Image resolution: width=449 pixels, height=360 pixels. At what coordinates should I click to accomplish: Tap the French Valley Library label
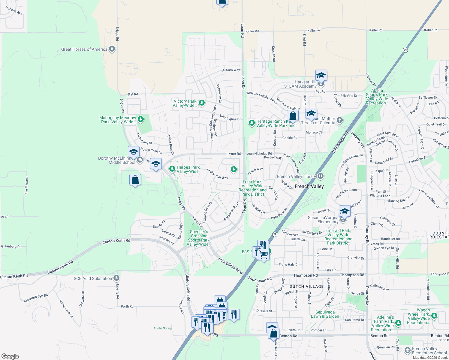click(296, 176)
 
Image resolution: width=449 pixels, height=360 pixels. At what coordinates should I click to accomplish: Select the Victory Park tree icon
click(202, 103)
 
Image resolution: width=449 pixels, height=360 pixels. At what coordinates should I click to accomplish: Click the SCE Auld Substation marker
click(117, 278)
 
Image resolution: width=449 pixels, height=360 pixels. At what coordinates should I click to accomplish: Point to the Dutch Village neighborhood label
click(306, 286)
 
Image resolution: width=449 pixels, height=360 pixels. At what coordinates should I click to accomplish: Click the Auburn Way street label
click(231, 70)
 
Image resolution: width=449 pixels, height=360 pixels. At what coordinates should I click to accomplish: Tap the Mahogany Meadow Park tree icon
click(140, 119)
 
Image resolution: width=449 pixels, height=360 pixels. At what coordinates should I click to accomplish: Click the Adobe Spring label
click(163, 328)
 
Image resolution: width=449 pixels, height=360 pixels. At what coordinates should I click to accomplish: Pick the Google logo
click(10, 356)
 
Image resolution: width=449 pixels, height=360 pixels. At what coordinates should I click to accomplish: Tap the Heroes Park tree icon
click(172, 169)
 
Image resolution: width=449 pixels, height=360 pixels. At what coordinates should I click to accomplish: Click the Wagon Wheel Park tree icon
click(434, 316)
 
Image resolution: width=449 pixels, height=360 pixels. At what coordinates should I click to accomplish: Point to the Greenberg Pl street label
click(11, 246)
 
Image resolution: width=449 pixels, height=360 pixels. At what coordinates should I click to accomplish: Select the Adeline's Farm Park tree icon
click(398, 323)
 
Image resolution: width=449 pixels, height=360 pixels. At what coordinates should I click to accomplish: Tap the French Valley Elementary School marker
click(407, 350)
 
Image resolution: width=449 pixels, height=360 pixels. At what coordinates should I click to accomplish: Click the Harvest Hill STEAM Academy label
click(300, 84)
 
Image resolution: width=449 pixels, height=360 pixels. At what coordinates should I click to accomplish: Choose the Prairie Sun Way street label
click(217, 174)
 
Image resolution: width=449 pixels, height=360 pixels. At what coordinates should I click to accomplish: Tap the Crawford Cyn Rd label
click(36, 298)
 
